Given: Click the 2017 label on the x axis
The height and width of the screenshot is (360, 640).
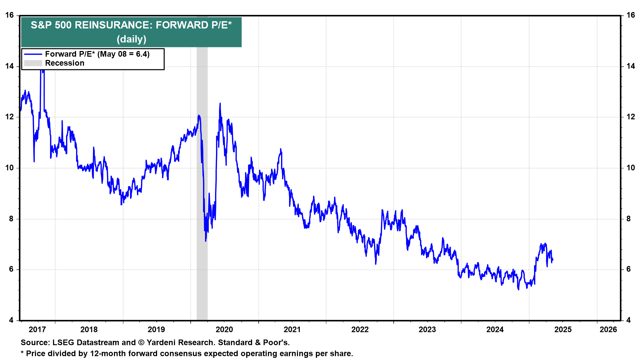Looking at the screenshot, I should (x=37, y=330).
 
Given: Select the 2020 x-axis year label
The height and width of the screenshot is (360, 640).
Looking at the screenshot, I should (x=224, y=330).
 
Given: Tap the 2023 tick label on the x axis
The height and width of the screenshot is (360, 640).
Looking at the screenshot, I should (x=427, y=330).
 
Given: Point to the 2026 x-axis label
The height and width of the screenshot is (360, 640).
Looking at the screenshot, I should (x=608, y=330).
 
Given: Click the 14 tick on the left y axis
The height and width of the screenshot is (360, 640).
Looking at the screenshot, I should (x=9, y=66).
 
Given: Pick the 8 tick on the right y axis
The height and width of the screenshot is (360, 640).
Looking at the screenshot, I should (x=628, y=219).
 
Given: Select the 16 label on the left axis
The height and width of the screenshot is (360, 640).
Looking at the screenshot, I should (x=9, y=15).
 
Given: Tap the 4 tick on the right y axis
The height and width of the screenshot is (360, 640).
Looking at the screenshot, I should (x=628, y=320).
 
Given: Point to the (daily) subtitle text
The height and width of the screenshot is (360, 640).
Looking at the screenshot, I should (x=131, y=39).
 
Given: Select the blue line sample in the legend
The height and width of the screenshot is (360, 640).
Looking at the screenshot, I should (x=33, y=54).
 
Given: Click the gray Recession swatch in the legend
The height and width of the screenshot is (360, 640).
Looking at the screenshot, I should (x=33, y=63).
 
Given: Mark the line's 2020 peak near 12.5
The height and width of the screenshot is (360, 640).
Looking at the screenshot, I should (x=220, y=104).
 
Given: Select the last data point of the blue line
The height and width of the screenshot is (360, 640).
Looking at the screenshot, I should (x=553, y=260).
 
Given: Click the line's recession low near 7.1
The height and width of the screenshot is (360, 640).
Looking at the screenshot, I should (x=206, y=241).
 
